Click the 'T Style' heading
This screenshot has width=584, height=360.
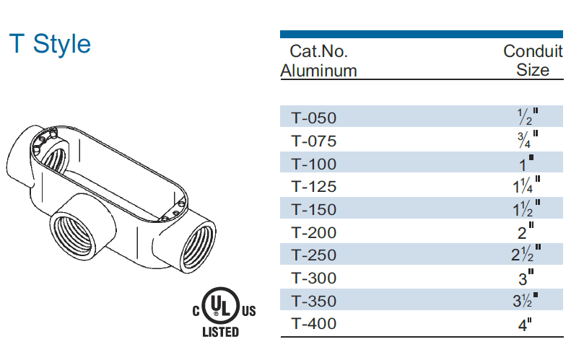pyautogui.click(x=50, y=43)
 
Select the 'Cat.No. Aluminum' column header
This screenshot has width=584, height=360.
pyautogui.click(x=318, y=61)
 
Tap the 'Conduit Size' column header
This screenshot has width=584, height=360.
pyautogui.click(x=533, y=61)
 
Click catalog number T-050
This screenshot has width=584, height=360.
pyautogui.click(x=314, y=118)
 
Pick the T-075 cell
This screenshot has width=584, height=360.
pyautogui.click(x=314, y=141)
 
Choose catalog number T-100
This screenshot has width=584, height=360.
pyautogui.click(x=314, y=164)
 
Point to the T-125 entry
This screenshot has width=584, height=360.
pyautogui.click(x=314, y=187)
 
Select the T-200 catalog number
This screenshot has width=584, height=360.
pyautogui.click(x=314, y=233)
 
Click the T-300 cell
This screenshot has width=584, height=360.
pyautogui.click(x=314, y=278)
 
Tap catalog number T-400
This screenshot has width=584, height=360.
pyautogui.click(x=314, y=323)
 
